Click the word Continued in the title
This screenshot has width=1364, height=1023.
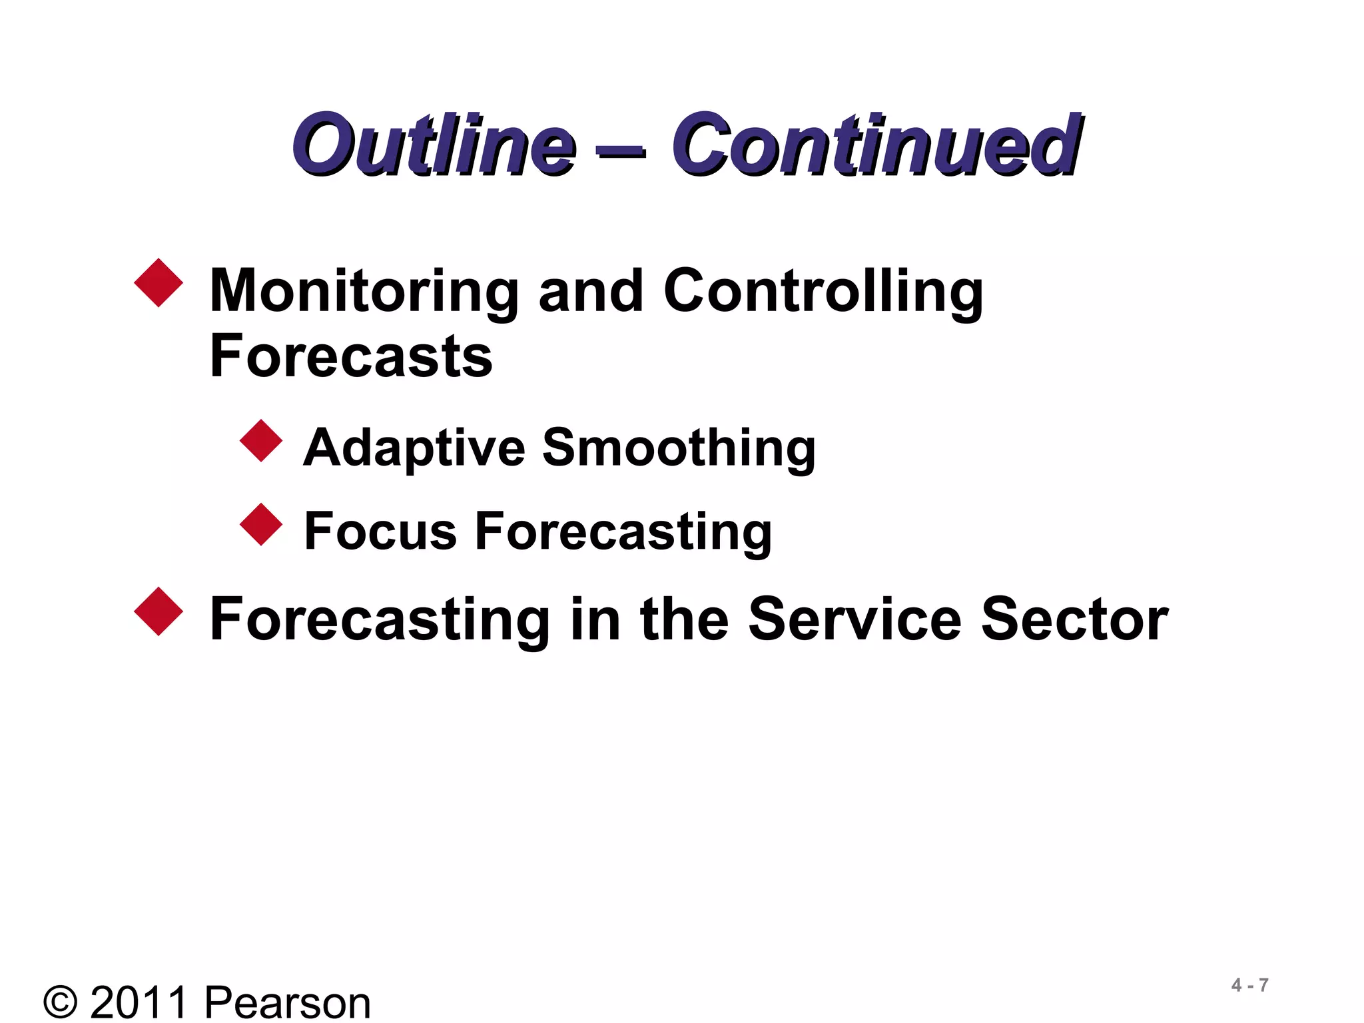click(x=876, y=145)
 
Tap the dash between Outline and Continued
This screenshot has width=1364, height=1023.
click(x=621, y=153)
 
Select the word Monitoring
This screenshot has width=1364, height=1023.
click(x=364, y=292)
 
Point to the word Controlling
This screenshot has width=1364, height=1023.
click(x=823, y=292)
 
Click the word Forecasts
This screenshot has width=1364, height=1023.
click(x=351, y=356)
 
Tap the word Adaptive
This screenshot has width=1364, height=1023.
click(x=414, y=448)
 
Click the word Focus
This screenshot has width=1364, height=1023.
click(x=380, y=531)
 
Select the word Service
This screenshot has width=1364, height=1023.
click(x=854, y=619)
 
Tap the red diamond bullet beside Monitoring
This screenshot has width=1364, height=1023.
click(x=159, y=283)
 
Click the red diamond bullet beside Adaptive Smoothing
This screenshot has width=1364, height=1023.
click(x=261, y=440)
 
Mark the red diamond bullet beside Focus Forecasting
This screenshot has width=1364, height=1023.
click(x=261, y=524)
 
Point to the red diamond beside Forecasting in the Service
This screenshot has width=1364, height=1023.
click(x=159, y=611)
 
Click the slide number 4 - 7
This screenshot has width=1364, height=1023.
click(x=1249, y=985)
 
